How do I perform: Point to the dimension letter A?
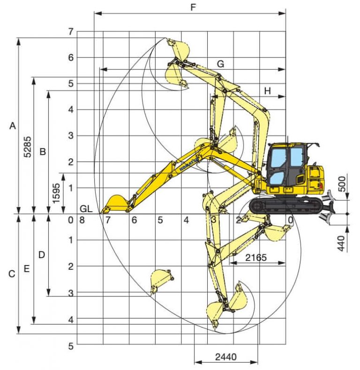pyautogui.click(x=13, y=126)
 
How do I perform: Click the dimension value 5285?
pyautogui.click(x=28, y=147)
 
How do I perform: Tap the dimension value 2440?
pyautogui.click(x=226, y=357)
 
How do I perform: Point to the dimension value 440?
pyautogui.click(x=341, y=244)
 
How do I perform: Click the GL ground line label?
pyautogui.click(x=86, y=208)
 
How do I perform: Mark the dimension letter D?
pyautogui.click(x=42, y=255)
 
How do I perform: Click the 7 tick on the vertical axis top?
pyautogui.click(x=71, y=32)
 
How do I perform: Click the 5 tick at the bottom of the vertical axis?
pyautogui.click(x=71, y=346)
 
